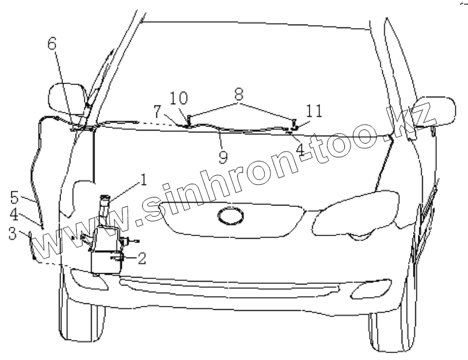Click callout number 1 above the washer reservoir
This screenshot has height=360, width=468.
pyautogui.click(x=143, y=180)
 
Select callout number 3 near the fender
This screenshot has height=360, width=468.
pyautogui.click(x=12, y=234)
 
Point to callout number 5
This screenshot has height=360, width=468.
pyautogui.click(x=14, y=198)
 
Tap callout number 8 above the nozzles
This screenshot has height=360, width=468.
pyautogui.click(x=238, y=94)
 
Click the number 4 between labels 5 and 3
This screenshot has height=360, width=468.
pyautogui.click(x=14, y=216)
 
